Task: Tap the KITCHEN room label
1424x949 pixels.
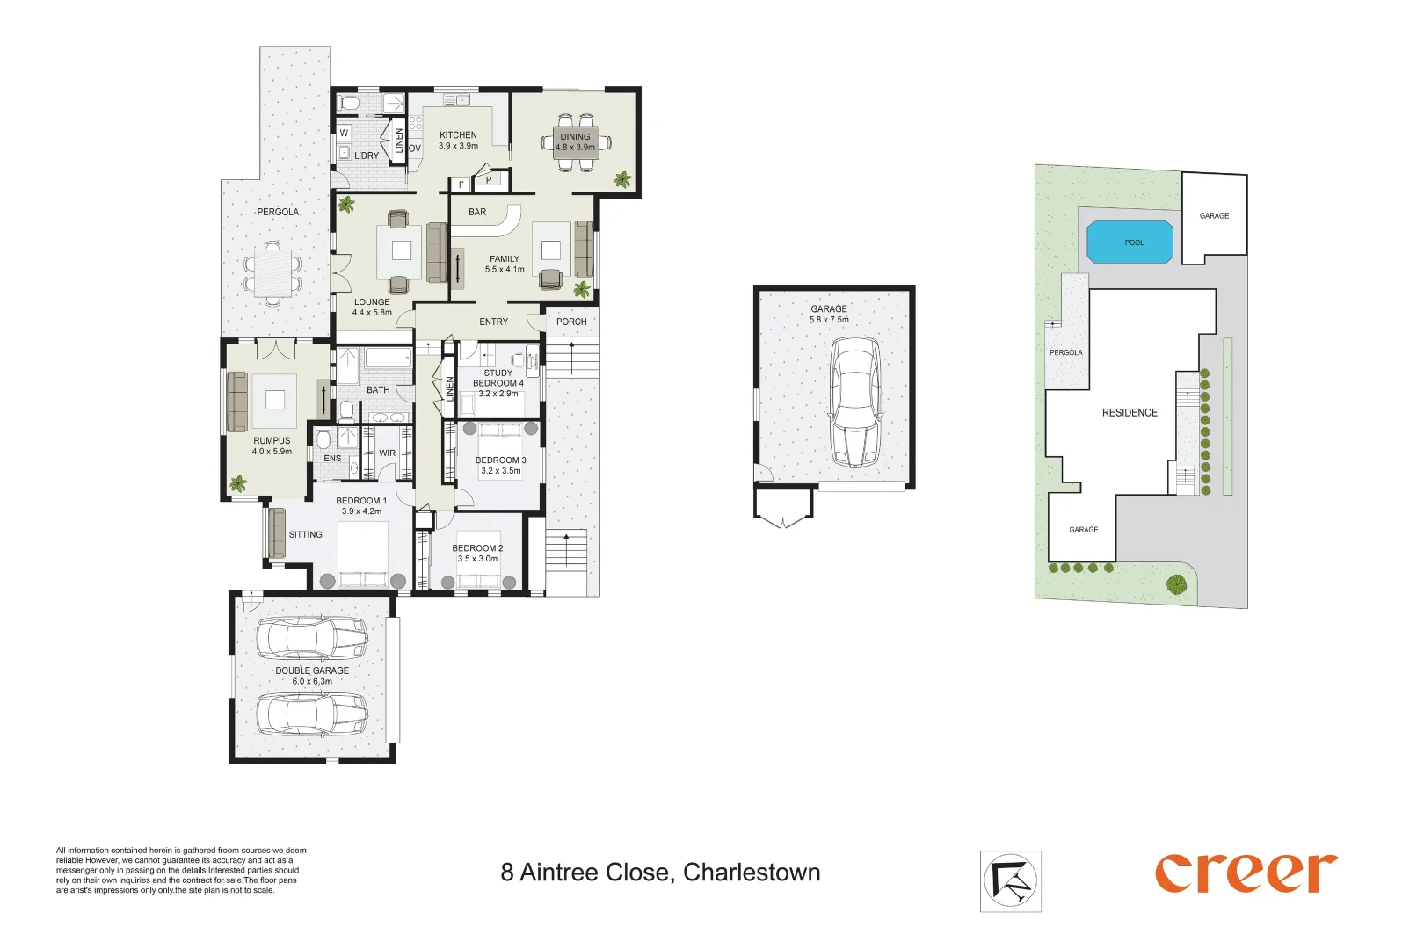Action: pos(458,135)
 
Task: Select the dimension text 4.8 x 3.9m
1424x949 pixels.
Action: pos(575,148)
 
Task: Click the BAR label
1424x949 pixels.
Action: pos(477,212)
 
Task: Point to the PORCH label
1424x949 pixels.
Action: pos(571,322)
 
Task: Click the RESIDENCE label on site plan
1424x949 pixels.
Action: pos(1130,412)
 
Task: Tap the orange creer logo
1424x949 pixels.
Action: pos(1246,873)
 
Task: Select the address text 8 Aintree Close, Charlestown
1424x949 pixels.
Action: pos(660,873)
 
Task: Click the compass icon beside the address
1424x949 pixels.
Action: pos(1011,880)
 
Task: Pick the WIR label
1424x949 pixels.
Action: pos(387,453)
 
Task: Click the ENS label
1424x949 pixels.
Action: pos(332,458)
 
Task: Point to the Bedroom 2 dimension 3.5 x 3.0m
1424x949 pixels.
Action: pos(477,559)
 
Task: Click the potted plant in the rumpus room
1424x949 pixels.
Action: pos(238,482)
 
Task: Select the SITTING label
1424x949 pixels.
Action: pos(305,534)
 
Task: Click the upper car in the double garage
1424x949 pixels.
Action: pos(311,637)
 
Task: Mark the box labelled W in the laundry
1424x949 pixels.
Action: pos(344,134)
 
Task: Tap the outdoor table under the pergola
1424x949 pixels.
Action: pos(273,272)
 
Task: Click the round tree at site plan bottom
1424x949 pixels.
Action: pos(1176,583)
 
